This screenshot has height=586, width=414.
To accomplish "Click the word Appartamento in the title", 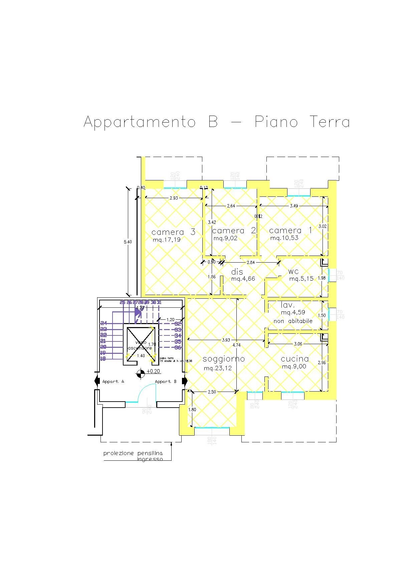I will coord(140,122).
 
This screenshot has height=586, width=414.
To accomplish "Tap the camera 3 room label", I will coord(173,232).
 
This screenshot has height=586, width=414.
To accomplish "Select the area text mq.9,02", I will coord(225,239).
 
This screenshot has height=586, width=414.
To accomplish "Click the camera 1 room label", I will coord(290,231).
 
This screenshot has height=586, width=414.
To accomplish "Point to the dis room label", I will coord(237,272).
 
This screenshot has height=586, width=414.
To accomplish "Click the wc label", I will coord(293,272).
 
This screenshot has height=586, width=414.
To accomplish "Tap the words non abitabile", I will coord(293,321).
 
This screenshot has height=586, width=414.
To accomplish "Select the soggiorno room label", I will coord(224,359).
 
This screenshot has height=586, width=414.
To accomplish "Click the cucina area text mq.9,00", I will coord(294,367).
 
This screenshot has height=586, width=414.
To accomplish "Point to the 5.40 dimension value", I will coord(128,242).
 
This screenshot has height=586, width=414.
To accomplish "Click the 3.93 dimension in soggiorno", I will coord(226,340).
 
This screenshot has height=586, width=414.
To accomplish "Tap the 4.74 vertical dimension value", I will coord(236,345).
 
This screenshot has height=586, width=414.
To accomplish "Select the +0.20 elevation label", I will coord(153,372).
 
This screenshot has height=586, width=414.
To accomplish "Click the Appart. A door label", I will coord(113,382).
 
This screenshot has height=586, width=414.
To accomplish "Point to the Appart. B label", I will coord(166,382).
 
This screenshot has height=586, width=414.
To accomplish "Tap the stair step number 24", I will coord(103,323).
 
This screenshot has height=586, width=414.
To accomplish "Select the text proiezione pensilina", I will coord(133,453).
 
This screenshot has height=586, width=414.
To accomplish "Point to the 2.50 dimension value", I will coord(212,392).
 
